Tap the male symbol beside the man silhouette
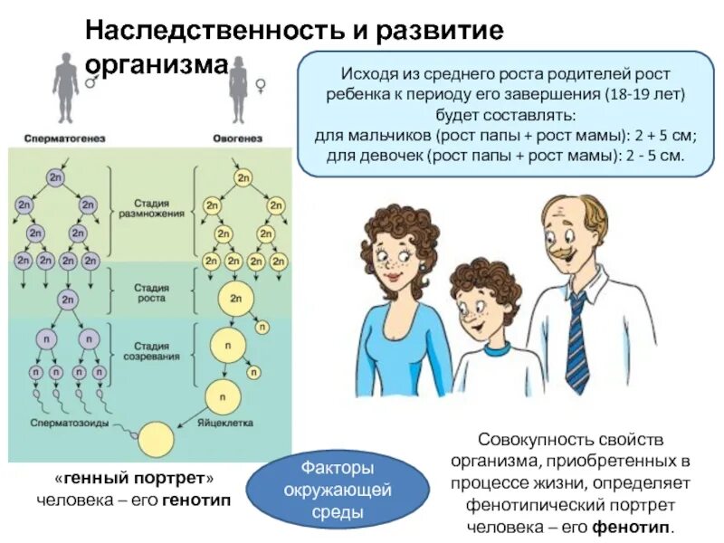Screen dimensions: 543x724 [90, 82]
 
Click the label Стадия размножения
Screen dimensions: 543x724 [152, 207]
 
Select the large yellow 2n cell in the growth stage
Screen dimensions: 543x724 [235, 298]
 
